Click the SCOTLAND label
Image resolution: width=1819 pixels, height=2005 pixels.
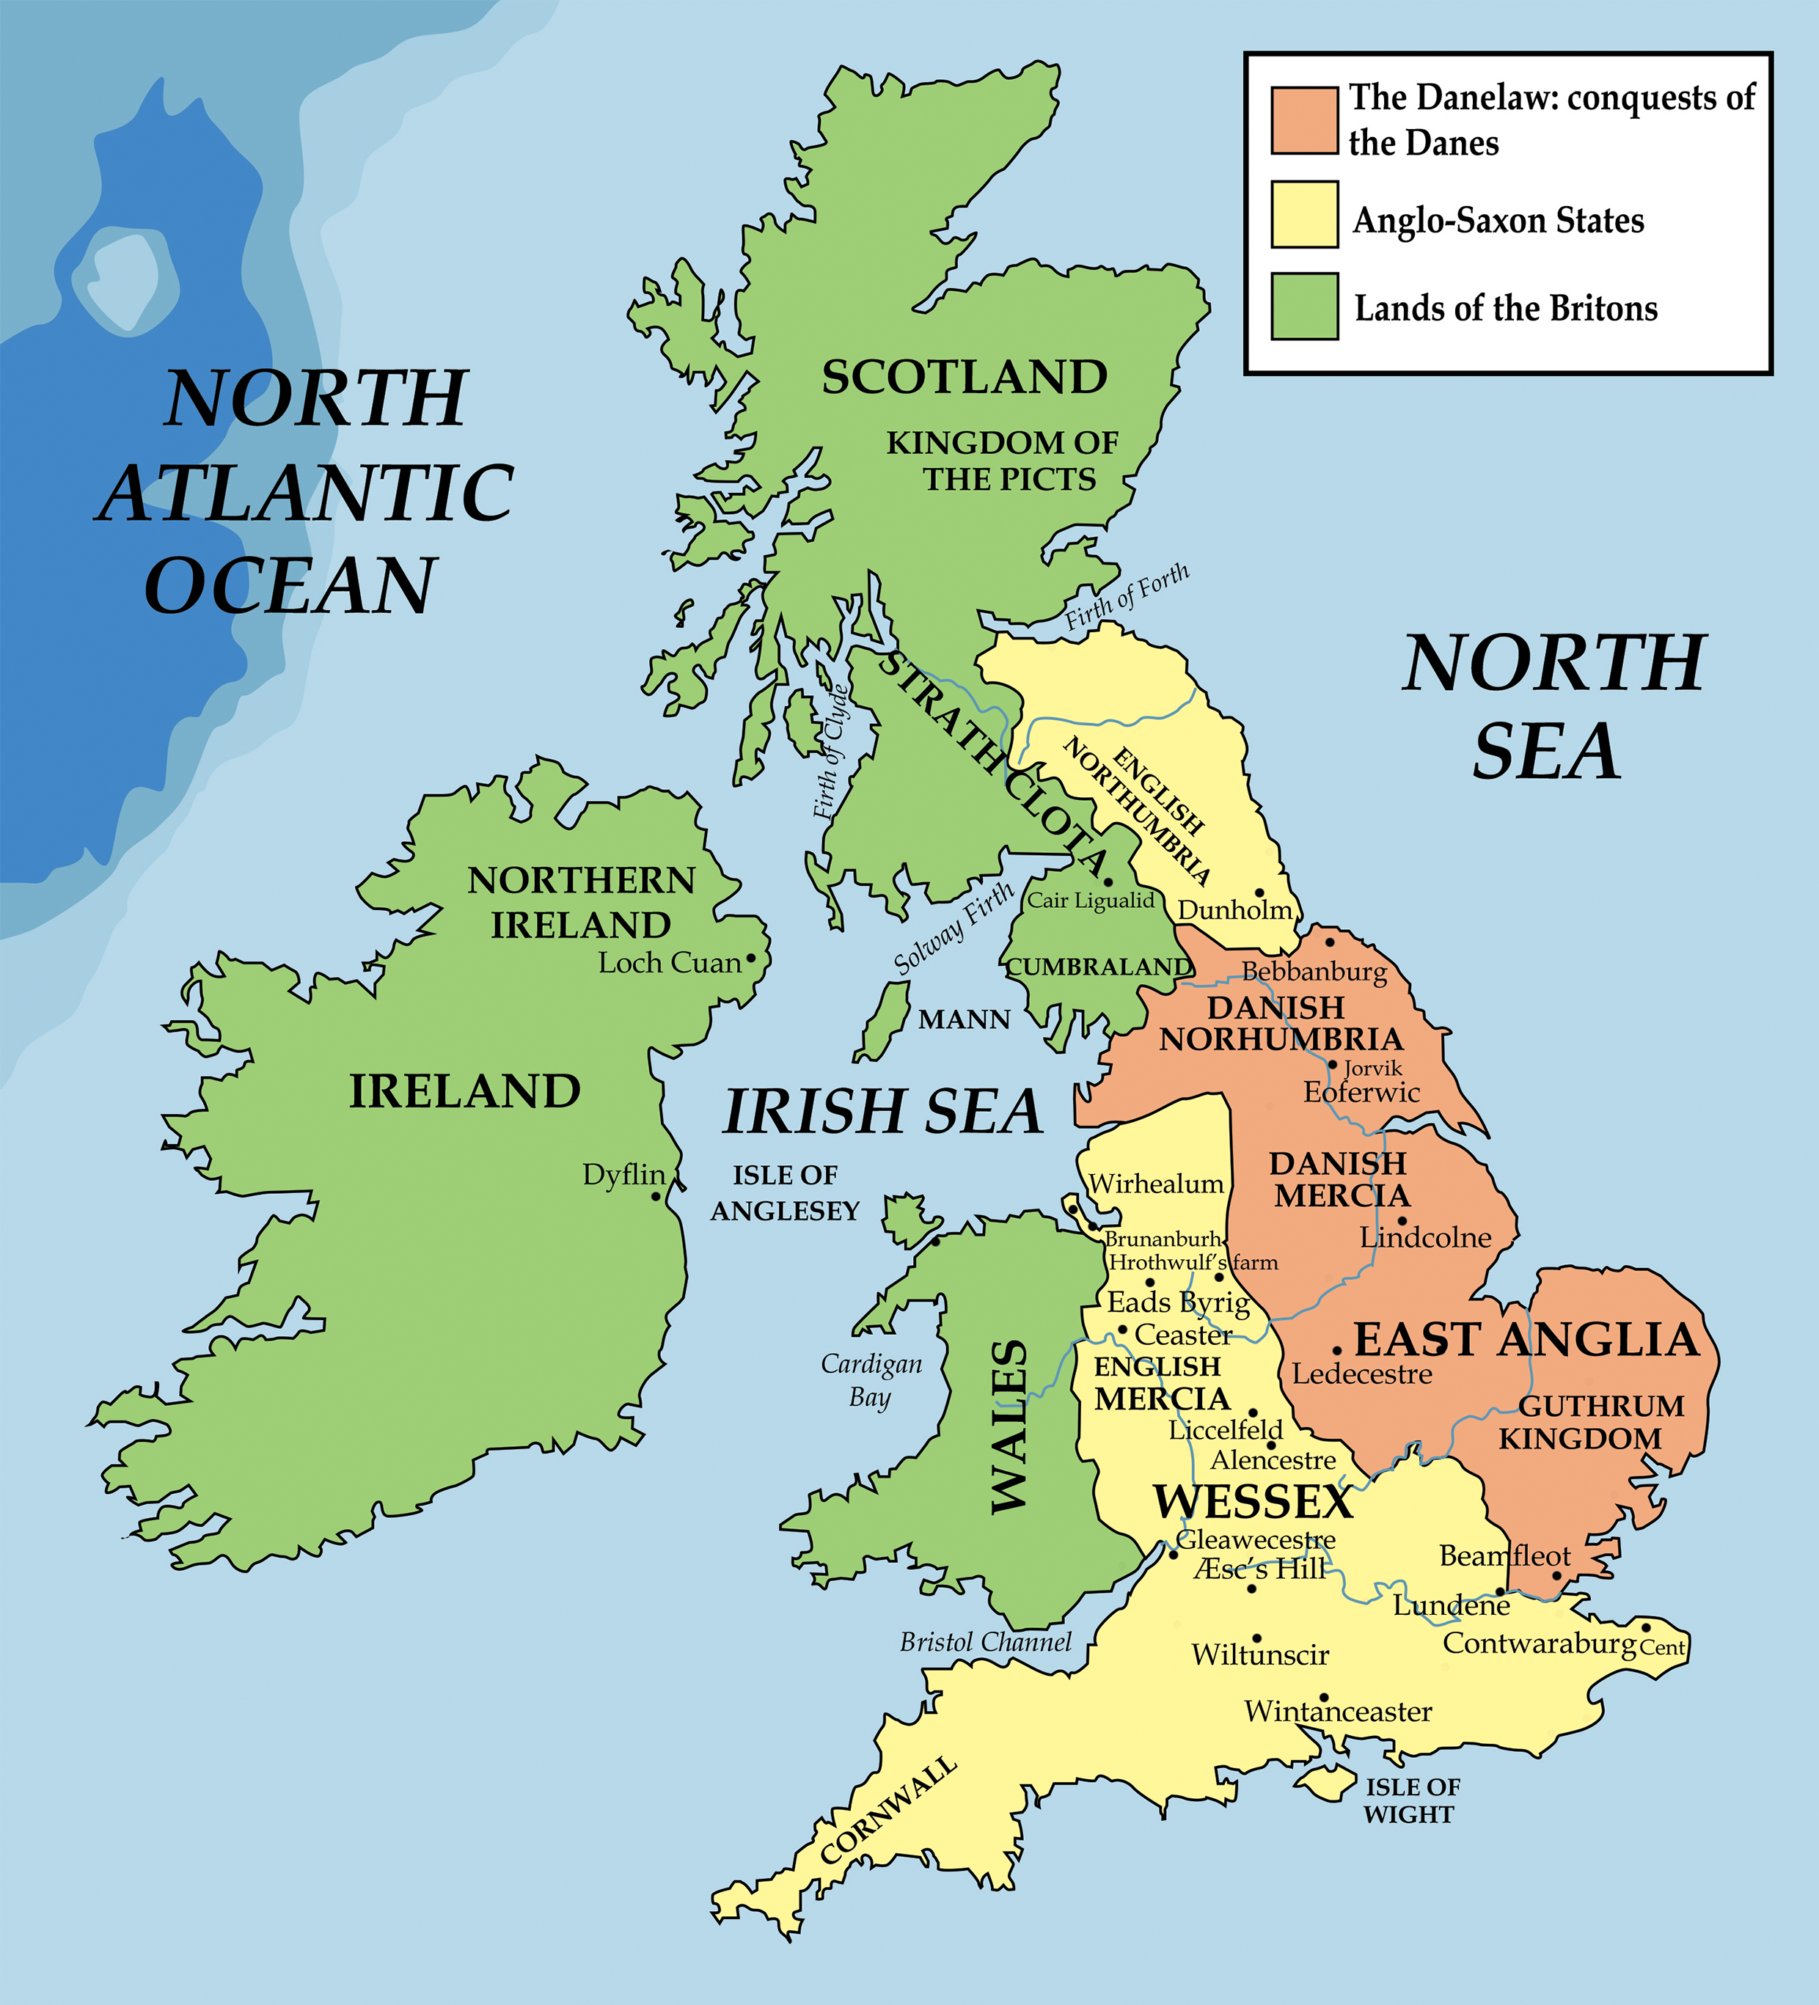point(964,377)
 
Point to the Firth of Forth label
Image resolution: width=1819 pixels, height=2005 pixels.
point(1127,597)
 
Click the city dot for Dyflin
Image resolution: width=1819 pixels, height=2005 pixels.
point(656,1195)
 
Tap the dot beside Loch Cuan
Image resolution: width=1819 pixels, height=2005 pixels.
point(751,958)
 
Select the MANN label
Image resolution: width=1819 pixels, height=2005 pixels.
point(964,1019)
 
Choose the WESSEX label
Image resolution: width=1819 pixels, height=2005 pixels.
point(1252,1502)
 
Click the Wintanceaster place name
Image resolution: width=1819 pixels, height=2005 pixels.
point(1338,1711)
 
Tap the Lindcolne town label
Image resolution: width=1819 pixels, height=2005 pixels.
point(1425,1237)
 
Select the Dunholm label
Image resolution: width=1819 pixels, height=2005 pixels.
point(1234,910)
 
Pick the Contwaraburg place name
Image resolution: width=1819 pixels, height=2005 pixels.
point(1539,1643)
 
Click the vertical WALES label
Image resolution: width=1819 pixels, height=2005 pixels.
point(1009,1427)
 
